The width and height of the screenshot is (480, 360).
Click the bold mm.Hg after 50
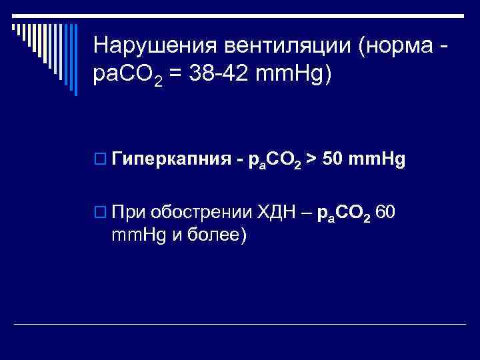(x=378, y=159)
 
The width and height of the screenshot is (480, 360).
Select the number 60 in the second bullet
(x=387, y=213)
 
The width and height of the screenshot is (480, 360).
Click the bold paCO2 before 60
(x=344, y=214)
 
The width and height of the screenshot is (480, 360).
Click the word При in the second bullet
(x=130, y=213)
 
